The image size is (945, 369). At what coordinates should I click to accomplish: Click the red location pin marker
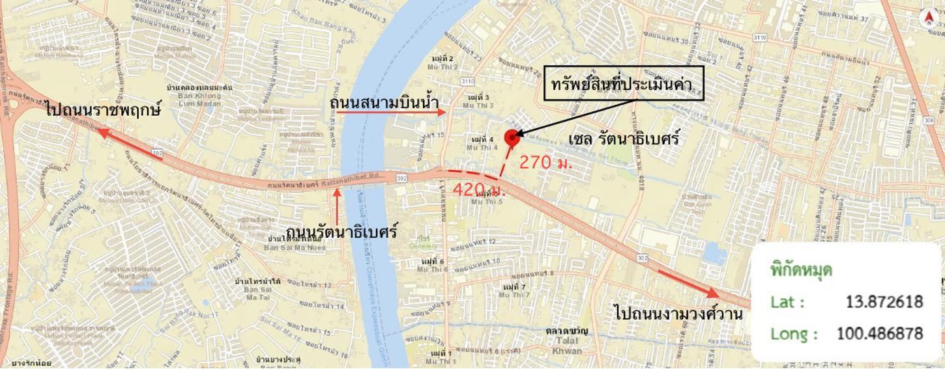pos(512,136)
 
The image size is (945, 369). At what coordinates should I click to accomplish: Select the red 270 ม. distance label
pos(545,163)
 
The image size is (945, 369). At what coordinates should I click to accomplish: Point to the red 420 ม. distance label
pos(479,190)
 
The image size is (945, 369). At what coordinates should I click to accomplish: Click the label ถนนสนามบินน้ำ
pos(383,103)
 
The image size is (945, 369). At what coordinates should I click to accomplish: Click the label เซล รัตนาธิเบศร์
pos(624,139)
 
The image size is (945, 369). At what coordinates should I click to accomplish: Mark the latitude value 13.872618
pos(884,302)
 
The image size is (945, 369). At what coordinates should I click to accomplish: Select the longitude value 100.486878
pos(879,334)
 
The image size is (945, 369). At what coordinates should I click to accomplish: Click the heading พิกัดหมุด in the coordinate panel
pos(801,269)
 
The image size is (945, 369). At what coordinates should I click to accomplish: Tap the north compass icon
pos(928,19)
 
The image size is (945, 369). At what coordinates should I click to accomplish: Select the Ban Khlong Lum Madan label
pos(191,98)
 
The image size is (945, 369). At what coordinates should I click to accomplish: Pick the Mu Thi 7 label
pos(512,291)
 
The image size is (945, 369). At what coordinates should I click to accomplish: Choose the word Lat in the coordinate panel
pos(787,303)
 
